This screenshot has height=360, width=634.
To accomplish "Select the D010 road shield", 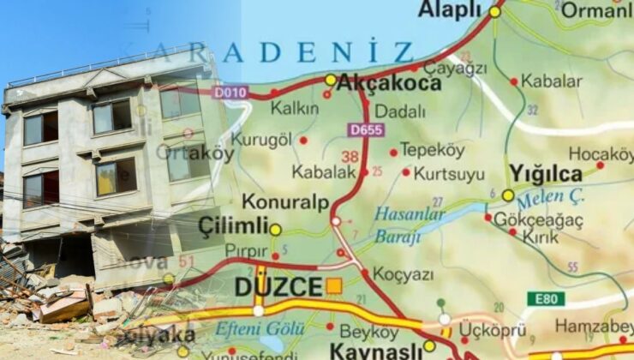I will pyautogui.click(x=231, y=92).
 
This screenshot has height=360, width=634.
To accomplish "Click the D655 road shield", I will pyautogui.click(x=367, y=130).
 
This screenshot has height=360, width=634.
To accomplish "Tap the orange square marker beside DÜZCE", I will pyautogui.click(x=334, y=286).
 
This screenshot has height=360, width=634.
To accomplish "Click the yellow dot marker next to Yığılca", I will pyautogui.click(x=508, y=195).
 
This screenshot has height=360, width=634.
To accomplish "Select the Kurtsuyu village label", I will pyautogui.click(x=450, y=173).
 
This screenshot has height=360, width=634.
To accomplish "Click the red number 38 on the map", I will pyautogui.click(x=350, y=157).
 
